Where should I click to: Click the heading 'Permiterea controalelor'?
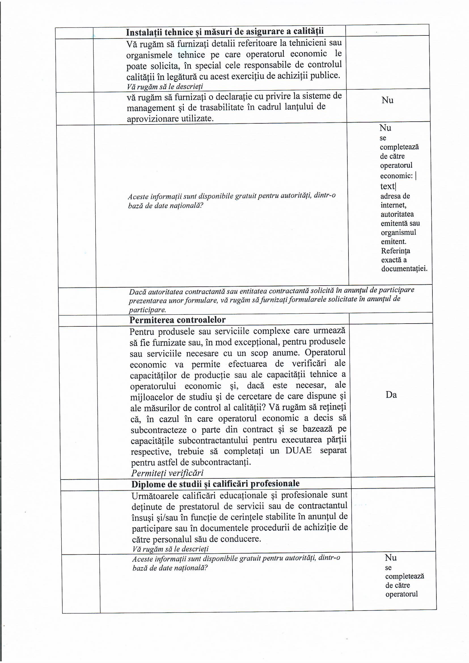(177, 320)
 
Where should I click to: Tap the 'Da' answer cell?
(391, 395)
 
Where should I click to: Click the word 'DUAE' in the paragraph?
(298, 451)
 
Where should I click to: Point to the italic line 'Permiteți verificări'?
(167, 473)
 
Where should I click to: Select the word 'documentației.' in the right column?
(404, 269)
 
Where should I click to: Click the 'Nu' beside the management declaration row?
(387, 100)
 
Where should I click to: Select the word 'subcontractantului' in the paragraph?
(214, 440)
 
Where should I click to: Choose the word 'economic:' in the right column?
(396, 176)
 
